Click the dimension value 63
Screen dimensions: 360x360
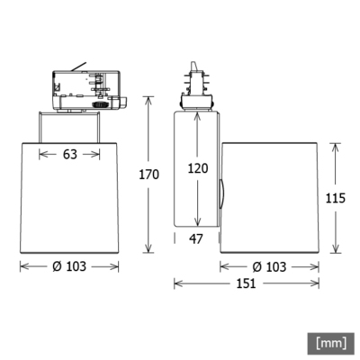point(69,154)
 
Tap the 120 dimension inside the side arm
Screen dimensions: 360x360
point(198,166)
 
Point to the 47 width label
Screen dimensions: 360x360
point(197,238)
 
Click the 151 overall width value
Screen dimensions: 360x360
point(246,283)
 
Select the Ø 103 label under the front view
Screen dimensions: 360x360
point(69,266)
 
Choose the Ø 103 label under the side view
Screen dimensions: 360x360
point(269,266)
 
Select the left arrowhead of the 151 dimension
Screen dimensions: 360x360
point(176,283)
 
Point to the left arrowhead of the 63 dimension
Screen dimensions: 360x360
point(40,154)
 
